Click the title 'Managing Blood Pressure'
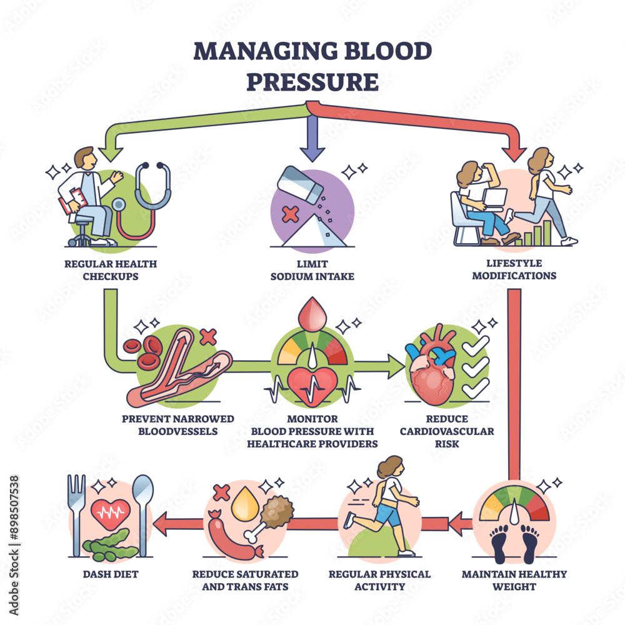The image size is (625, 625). pos(312,66)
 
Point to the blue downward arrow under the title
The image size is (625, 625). pos(312,134)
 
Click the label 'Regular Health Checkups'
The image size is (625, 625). pos(111,269)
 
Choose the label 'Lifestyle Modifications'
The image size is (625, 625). pos(514,269)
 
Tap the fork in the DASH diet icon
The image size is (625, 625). pos(77,506)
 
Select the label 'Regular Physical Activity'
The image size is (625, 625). pos(380,579)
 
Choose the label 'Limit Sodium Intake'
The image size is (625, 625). pos(312,269)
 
